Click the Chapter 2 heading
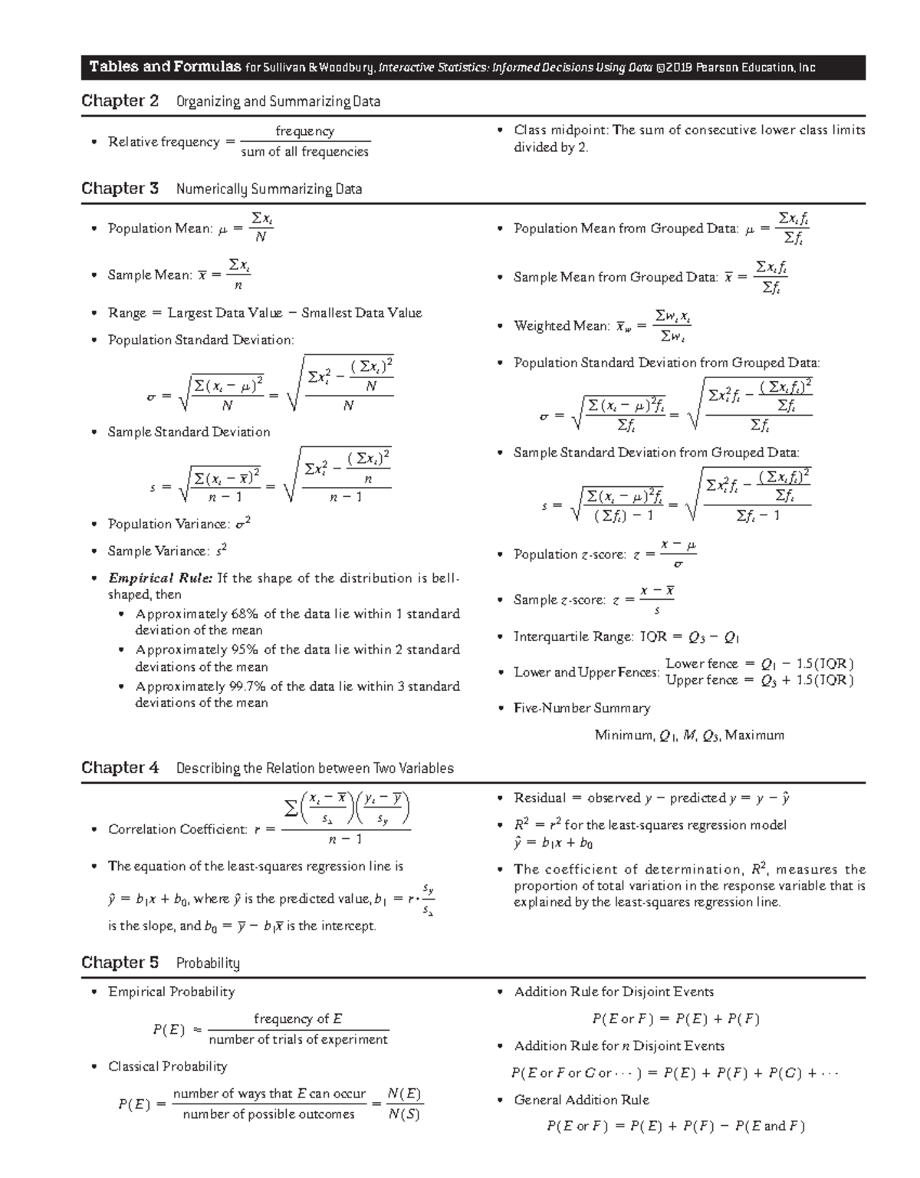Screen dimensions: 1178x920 (x=120, y=101)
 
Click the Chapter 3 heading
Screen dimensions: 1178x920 (x=120, y=189)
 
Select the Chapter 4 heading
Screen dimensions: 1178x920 (x=120, y=768)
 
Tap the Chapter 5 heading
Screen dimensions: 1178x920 (x=120, y=962)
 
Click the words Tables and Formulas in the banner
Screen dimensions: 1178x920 (x=165, y=67)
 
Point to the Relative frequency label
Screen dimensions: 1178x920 (x=163, y=142)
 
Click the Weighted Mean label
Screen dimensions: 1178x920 (x=562, y=326)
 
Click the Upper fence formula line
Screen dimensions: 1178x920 (x=759, y=680)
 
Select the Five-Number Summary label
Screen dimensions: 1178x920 (x=582, y=708)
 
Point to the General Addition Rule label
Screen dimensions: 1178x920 (x=582, y=1100)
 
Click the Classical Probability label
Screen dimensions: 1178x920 (x=168, y=1066)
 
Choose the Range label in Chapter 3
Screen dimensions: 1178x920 (x=127, y=313)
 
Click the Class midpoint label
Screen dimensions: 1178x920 (x=560, y=130)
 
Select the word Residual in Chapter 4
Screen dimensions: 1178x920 (x=540, y=798)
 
